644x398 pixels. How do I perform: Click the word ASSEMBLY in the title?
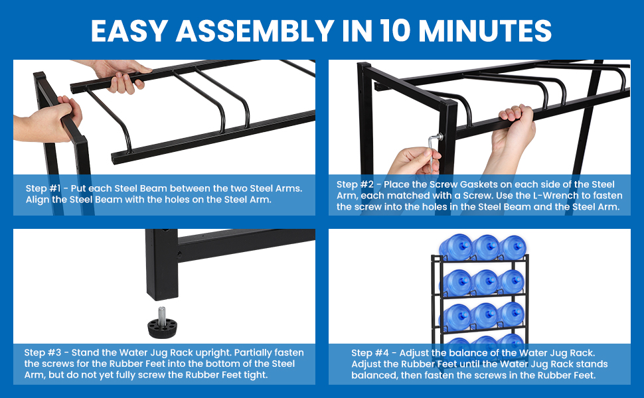pyautogui.click(x=255, y=31)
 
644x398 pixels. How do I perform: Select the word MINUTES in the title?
pyautogui.click(x=485, y=31)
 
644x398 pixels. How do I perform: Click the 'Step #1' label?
pyautogui.click(x=42, y=188)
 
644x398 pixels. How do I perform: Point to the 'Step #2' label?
pyautogui.click(x=354, y=184)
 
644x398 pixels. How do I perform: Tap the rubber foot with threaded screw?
pyautogui.click(x=162, y=323)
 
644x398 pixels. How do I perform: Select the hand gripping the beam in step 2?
pyautogui.click(x=511, y=135)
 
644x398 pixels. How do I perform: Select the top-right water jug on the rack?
pyautogui.click(x=513, y=247)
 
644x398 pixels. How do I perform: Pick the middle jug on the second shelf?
pyautogui.click(x=485, y=283)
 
